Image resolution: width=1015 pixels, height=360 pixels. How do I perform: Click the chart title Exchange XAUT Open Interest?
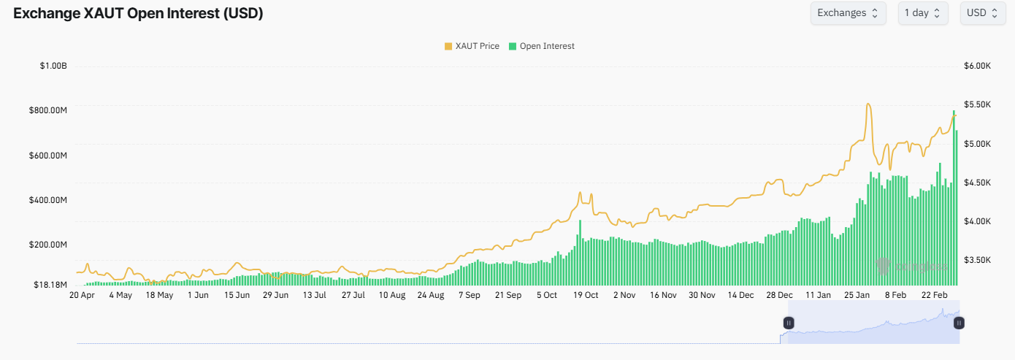[x=139, y=13]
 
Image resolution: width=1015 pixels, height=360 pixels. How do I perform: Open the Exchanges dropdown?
[x=848, y=13]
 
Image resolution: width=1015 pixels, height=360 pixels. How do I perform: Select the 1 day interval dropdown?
[x=923, y=13]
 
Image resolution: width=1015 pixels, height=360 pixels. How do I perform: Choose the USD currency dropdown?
[x=982, y=13]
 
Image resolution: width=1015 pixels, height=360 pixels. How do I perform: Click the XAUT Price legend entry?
[x=472, y=46]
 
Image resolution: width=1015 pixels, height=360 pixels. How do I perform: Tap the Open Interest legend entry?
[x=541, y=46]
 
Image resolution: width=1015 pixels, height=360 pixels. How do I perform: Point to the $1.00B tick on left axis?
[x=53, y=66]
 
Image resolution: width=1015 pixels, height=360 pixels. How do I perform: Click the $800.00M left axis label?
[x=48, y=111]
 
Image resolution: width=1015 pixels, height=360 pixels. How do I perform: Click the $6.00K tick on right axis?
[x=977, y=66]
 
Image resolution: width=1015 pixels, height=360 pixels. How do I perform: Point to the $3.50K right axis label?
[x=977, y=260]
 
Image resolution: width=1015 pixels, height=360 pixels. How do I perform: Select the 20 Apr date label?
[x=82, y=296]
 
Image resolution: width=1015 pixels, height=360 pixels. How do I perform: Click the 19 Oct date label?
[x=586, y=296]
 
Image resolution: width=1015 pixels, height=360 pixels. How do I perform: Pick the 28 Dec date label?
[x=779, y=296]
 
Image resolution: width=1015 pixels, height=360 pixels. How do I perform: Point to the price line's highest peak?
[x=867, y=104]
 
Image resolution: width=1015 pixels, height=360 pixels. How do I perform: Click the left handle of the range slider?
[x=789, y=323]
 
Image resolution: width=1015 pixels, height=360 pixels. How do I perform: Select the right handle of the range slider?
[x=959, y=323]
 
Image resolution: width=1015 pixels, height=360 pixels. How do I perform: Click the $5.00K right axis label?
[x=977, y=144]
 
